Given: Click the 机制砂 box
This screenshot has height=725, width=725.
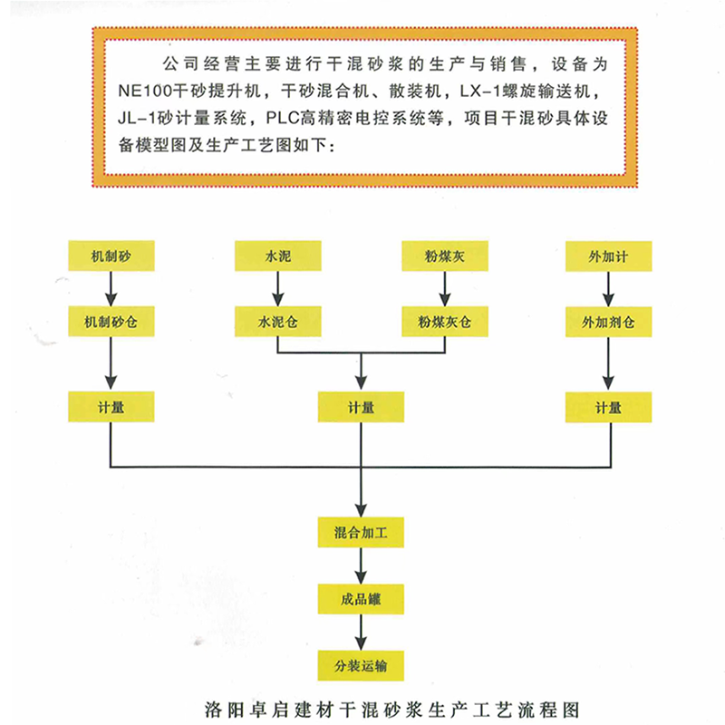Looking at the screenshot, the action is tap(111, 256).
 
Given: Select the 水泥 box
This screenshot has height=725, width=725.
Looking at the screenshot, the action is tap(278, 256).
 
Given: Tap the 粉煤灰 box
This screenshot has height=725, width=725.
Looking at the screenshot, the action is tap(445, 256).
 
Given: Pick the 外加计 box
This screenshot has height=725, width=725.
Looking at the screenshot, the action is tap(608, 256).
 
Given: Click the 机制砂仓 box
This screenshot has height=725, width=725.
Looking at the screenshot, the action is tap(111, 322).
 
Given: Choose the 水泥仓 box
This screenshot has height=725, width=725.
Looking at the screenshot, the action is tap(278, 322).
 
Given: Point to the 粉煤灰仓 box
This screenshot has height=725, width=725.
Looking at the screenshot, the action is tap(445, 322).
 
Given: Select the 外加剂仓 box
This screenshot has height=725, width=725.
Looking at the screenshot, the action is tap(608, 322).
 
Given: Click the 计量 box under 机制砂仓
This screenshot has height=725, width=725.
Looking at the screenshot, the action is tap(111, 407).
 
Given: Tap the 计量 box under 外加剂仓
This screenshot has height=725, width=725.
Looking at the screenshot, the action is tap(608, 407).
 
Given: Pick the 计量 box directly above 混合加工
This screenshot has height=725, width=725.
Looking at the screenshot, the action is tap(361, 407).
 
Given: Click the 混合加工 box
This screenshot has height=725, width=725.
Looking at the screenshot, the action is tap(361, 532).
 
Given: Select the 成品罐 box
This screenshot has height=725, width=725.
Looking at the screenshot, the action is tap(361, 599).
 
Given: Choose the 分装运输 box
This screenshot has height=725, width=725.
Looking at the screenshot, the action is tap(361, 666).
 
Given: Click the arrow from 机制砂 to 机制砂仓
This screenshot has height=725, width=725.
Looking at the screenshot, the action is tap(111, 288).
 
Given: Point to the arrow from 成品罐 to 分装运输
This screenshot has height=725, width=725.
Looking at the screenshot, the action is tap(361, 633).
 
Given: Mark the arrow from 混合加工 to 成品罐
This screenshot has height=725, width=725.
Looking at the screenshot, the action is tap(361, 565).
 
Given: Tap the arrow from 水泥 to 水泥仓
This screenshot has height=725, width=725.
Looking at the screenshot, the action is tap(278, 288).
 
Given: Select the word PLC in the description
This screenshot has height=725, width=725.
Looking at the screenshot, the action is tap(283, 119).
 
